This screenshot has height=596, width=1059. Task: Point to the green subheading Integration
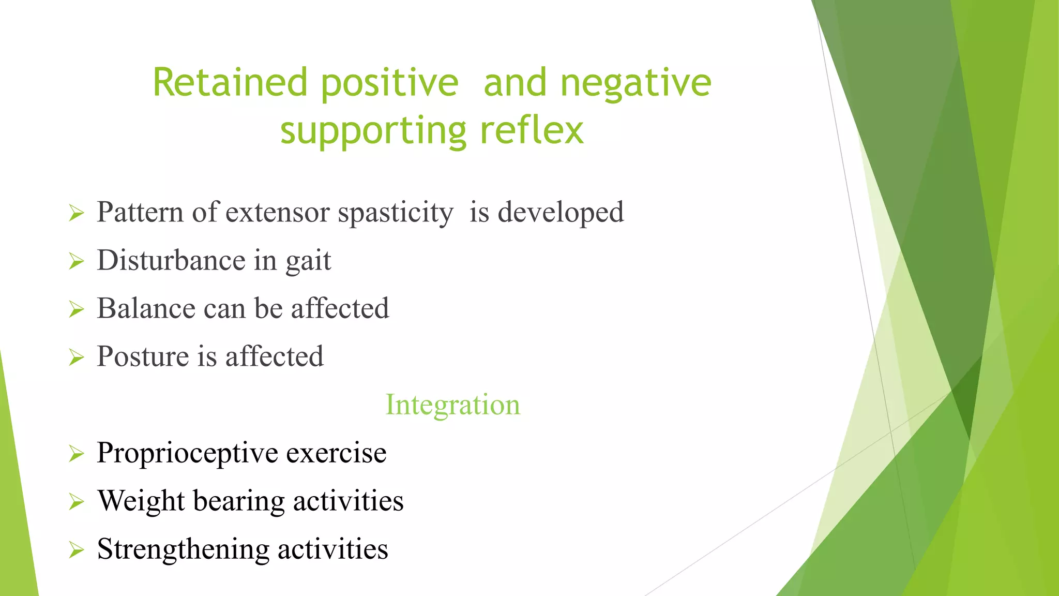tap(452, 405)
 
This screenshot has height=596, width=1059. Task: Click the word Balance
tap(146, 308)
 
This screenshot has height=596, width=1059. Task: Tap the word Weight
tap(141, 501)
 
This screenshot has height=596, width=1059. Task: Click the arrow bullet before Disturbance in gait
tap(76, 262)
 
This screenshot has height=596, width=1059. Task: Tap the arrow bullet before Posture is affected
tap(76, 357)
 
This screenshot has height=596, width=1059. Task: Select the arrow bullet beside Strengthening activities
tap(76, 550)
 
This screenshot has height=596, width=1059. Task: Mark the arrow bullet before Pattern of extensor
tap(76, 213)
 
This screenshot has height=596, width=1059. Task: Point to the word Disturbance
tap(171, 260)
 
